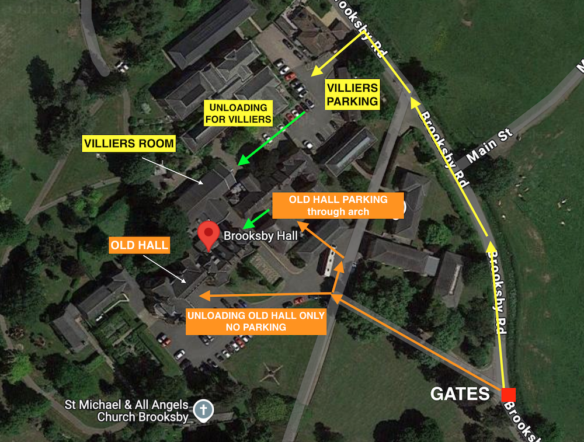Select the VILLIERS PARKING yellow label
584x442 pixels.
click(x=352, y=95)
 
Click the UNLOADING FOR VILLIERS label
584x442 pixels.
click(x=238, y=114)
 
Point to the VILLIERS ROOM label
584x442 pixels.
click(x=128, y=144)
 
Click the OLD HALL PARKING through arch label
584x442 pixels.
click(x=338, y=206)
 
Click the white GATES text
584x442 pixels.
click(x=460, y=394)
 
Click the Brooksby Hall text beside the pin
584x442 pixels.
click(x=261, y=236)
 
